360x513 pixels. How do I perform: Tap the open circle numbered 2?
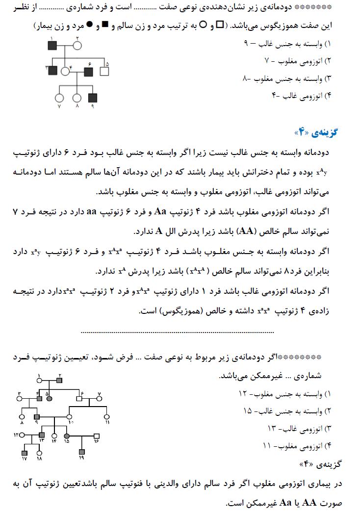click(77, 46)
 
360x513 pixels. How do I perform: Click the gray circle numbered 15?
click(66, 436)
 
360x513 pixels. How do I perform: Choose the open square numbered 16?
click(97, 436)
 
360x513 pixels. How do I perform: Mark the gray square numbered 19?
click(81, 452)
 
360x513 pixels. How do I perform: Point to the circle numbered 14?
click(54, 436)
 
